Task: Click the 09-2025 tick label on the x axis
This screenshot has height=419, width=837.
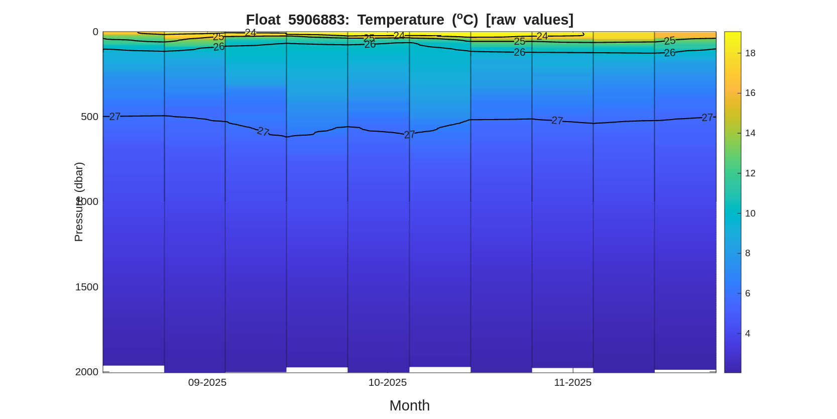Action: click(207, 382)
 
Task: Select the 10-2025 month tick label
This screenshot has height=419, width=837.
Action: click(387, 382)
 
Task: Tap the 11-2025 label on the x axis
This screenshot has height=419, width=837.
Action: click(572, 382)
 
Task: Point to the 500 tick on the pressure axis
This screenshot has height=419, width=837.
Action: click(89, 117)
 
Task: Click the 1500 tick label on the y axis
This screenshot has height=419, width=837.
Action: click(86, 287)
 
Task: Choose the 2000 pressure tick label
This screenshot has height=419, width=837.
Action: click(86, 372)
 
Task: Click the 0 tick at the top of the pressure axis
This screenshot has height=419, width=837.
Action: click(95, 32)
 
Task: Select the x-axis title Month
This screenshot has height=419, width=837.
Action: click(409, 405)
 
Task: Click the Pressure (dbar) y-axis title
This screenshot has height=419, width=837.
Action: click(79, 202)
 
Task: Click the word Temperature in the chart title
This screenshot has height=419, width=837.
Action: click(400, 20)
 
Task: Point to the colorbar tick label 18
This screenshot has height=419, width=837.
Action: click(750, 53)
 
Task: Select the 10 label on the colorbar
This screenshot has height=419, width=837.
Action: click(750, 214)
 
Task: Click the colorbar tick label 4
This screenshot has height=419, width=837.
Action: click(748, 334)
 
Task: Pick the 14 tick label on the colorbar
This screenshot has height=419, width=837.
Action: click(750, 133)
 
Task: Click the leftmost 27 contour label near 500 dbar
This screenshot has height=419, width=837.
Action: click(115, 117)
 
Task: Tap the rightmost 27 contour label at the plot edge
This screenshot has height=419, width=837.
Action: click(707, 118)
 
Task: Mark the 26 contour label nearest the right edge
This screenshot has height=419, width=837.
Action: click(669, 53)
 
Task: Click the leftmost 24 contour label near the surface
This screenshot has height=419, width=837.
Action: click(250, 33)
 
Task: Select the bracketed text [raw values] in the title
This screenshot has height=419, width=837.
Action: click(529, 20)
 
